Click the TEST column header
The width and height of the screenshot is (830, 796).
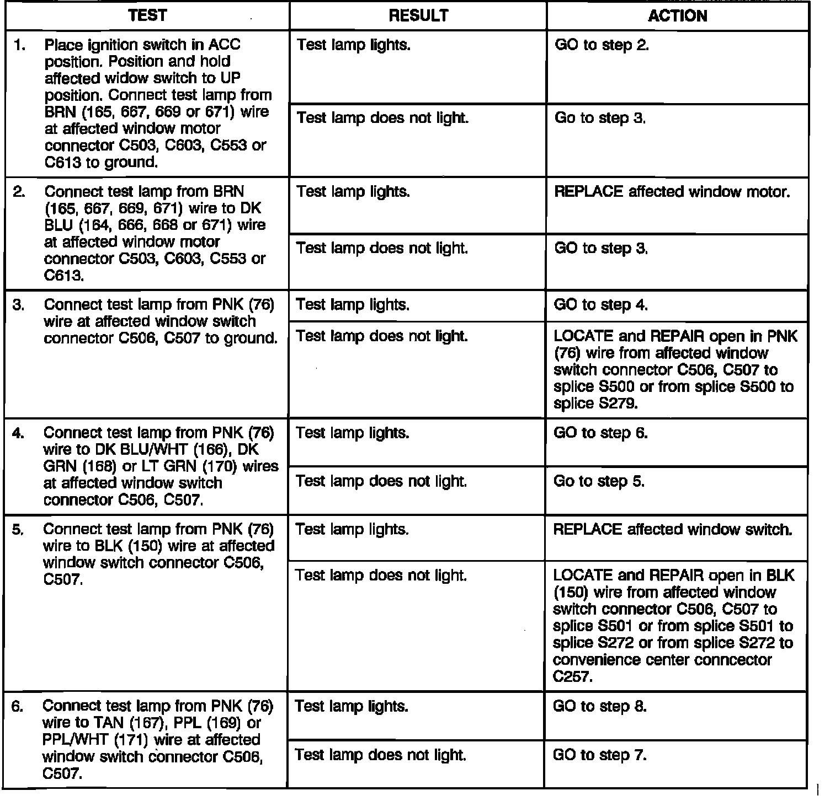pyautogui.click(x=147, y=16)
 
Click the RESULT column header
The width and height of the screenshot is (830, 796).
pyautogui.click(x=418, y=16)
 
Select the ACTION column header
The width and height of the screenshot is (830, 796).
pyautogui.click(x=678, y=16)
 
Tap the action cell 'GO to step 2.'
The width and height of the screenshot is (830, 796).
pyautogui.click(x=602, y=45)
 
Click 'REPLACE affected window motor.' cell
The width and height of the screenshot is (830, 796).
pyautogui.click(x=672, y=192)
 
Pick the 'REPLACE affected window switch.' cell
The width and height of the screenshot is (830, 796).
pyautogui.click(x=672, y=530)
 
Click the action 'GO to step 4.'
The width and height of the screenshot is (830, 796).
pyautogui.click(x=600, y=305)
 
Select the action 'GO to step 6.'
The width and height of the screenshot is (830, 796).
pyautogui.click(x=600, y=433)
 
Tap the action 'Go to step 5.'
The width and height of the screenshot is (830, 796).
pyautogui.click(x=599, y=482)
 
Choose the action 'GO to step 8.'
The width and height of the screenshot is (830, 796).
pyautogui.click(x=599, y=707)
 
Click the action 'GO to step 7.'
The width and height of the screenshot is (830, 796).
pyautogui.click(x=599, y=755)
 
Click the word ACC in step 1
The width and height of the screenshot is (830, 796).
pyautogui.click(x=225, y=45)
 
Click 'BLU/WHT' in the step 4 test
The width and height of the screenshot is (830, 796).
pyautogui.click(x=153, y=450)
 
